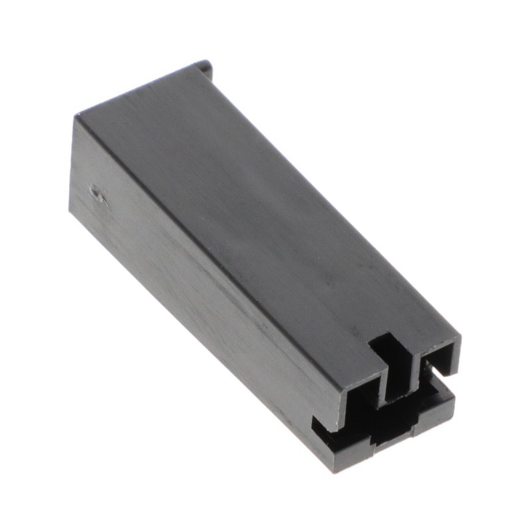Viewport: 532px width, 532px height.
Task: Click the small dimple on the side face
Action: click(98, 194)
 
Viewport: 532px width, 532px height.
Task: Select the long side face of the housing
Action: click(199, 279)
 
